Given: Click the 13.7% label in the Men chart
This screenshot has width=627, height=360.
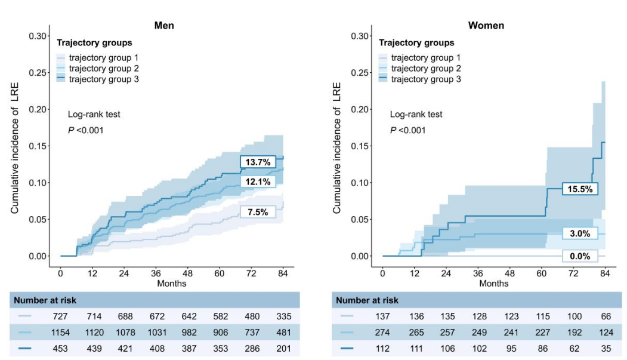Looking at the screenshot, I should (258, 162).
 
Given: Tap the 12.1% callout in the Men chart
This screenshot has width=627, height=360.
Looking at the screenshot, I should (258, 181).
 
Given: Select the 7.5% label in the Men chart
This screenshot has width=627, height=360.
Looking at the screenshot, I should (258, 212).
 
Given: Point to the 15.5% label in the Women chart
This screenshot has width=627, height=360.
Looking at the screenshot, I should (580, 189).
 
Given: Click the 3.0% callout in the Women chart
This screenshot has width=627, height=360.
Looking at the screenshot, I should (580, 234).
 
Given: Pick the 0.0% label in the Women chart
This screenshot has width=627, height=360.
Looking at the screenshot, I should (580, 256).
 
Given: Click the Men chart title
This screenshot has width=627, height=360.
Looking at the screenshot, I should (164, 26).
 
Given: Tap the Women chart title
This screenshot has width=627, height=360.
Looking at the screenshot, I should (486, 26).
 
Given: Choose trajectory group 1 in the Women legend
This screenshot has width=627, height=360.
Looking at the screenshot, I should (425, 58).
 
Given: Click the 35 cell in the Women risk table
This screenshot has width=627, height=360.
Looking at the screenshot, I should (604, 348).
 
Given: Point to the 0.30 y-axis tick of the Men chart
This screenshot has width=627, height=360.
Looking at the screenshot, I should (38, 36).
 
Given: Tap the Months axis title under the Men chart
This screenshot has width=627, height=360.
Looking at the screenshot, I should (171, 283).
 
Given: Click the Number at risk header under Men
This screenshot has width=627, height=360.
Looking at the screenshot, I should (45, 300).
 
